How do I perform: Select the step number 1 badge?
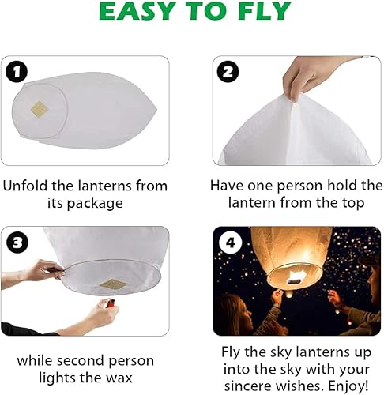(17, 71)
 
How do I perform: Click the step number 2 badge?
(228, 71)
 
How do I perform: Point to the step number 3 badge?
(17, 243)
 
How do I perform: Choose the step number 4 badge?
(230, 243)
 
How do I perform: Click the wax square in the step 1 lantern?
(40, 109)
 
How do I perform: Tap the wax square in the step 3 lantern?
(113, 284)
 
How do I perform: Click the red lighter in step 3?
(111, 303)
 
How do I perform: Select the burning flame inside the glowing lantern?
(298, 277)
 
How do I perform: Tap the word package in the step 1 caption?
(95, 204)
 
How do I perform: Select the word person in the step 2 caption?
(299, 186)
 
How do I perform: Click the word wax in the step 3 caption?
(119, 378)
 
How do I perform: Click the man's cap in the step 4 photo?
(371, 259)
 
